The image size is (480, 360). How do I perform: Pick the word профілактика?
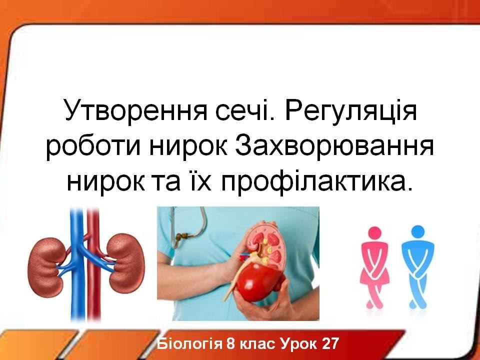pos(316,180)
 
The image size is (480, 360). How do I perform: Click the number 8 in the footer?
pos(230,343)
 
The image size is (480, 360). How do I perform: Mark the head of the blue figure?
pos(418,232)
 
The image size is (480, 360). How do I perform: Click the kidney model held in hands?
pos(259,263)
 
